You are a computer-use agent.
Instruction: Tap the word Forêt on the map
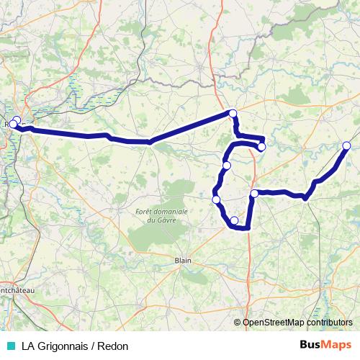pyautogui.click(x=146, y=211)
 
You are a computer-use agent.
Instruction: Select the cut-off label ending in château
pyautogui.click(x=19, y=289)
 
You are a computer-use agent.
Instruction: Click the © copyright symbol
pyautogui.click(x=238, y=322)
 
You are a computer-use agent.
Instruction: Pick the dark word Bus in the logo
pyautogui.click(x=310, y=344)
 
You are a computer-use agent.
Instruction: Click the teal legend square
pyautogui.click(x=9, y=345)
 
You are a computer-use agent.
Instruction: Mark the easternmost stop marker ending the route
pyautogui.click(x=346, y=146)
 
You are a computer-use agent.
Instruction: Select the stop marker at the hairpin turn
pyautogui.click(x=261, y=147)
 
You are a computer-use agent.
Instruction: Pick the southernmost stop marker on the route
pyautogui.click(x=234, y=220)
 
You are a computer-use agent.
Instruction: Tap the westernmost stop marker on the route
pyautogui.click(x=12, y=125)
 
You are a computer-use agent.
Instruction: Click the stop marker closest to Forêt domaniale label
pyautogui.click(x=216, y=199)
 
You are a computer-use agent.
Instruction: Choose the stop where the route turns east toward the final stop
pyautogui.click(x=254, y=194)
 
